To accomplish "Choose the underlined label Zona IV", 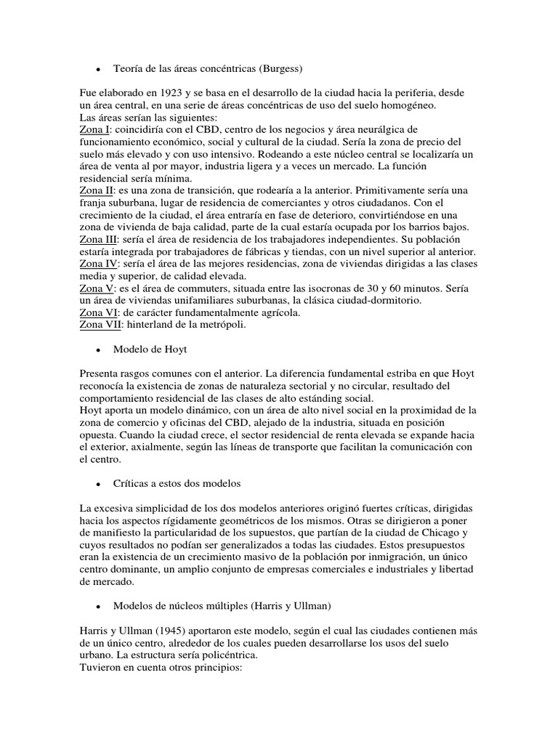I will coord(97,264).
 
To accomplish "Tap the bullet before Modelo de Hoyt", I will coord(97,350).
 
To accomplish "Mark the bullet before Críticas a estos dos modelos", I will coord(97,484).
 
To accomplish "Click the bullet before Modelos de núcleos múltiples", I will coord(97,605).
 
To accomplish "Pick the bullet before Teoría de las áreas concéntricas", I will coord(97,69).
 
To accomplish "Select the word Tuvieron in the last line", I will coord(101,667).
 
